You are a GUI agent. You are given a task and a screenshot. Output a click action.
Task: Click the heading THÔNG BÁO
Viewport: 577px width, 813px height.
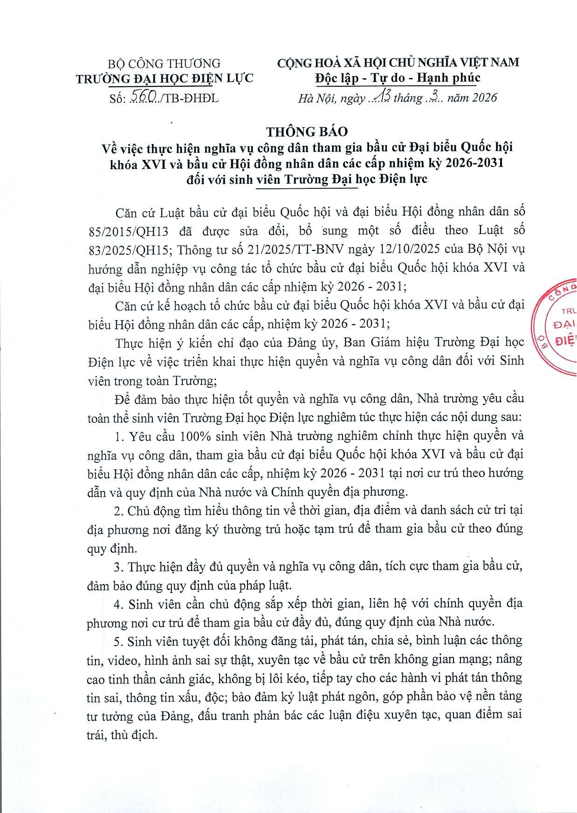[307, 131]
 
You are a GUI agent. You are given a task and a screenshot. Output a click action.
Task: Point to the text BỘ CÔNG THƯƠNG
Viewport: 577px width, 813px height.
[164, 63]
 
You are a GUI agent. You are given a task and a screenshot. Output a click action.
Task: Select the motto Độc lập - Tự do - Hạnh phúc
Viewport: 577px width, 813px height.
[398, 78]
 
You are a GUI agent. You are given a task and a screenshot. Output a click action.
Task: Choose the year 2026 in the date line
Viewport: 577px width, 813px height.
[484, 97]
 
